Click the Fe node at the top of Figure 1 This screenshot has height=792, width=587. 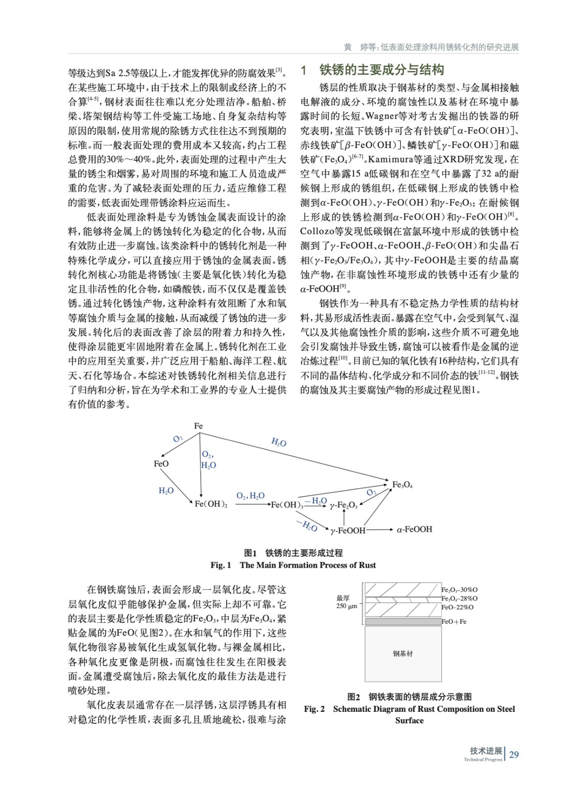click(x=198, y=426)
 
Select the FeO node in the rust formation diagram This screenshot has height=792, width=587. click(x=161, y=464)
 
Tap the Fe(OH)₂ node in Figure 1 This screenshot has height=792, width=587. click(x=211, y=504)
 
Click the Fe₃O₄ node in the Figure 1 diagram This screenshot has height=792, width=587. click(x=402, y=485)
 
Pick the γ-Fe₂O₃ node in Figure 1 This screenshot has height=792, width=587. click(x=343, y=505)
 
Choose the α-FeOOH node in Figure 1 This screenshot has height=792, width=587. click(x=414, y=529)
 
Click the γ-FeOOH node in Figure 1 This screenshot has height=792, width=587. click(x=348, y=531)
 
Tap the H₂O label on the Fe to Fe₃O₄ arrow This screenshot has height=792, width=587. click(x=279, y=443)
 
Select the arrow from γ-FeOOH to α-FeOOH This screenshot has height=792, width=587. click(x=379, y=530)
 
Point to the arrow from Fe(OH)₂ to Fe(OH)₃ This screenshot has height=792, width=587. click(x=253, y=504)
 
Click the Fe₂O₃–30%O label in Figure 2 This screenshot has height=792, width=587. click(x=459, y=590)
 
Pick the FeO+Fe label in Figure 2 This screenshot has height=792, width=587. click(x=454, y=621)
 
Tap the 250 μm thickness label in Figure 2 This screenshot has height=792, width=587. click(x=347, y=606)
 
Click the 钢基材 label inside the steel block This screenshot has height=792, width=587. click(x=403, y=653)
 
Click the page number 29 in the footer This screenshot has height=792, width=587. click(x=514, y=755)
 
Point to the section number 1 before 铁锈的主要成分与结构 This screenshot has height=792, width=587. click(x=304, y=70)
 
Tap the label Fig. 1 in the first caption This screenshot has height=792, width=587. click(x=221, y=565)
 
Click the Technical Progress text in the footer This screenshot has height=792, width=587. click(x=483, y=760)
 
